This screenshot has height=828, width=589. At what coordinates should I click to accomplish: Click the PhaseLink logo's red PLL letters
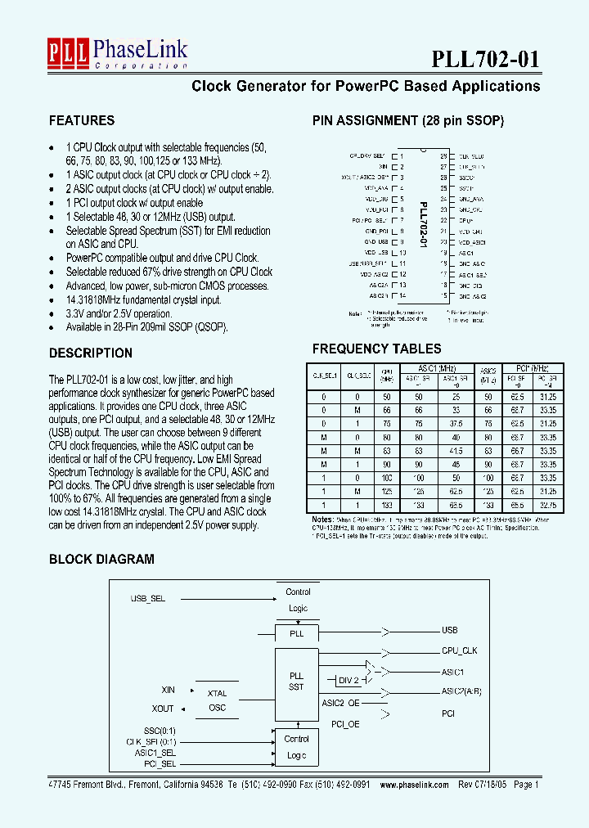pos(70,52)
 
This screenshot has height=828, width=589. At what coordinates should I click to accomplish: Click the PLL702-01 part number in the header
pos(485,59)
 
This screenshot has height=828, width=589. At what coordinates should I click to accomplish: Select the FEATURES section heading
pos(82,120)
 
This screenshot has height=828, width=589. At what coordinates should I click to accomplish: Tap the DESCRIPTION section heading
pos(91,353)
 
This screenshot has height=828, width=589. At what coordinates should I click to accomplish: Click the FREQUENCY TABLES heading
pos(376,349)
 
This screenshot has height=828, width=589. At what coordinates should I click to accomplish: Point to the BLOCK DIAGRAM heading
pos(101,560)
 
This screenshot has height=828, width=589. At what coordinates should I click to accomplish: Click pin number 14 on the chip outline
pos(402,295)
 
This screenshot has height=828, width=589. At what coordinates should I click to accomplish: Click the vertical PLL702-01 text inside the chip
pos(423,227)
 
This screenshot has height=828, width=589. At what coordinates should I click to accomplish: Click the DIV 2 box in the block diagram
pos(348,680)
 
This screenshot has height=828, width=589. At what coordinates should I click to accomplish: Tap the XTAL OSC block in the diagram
pos(217,700)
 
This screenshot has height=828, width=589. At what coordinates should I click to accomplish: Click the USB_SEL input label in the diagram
pos(148,599)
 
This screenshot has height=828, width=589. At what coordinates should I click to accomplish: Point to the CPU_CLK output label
pos(459,651)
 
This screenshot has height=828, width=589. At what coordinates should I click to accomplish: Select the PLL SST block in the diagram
pos(296,681)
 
